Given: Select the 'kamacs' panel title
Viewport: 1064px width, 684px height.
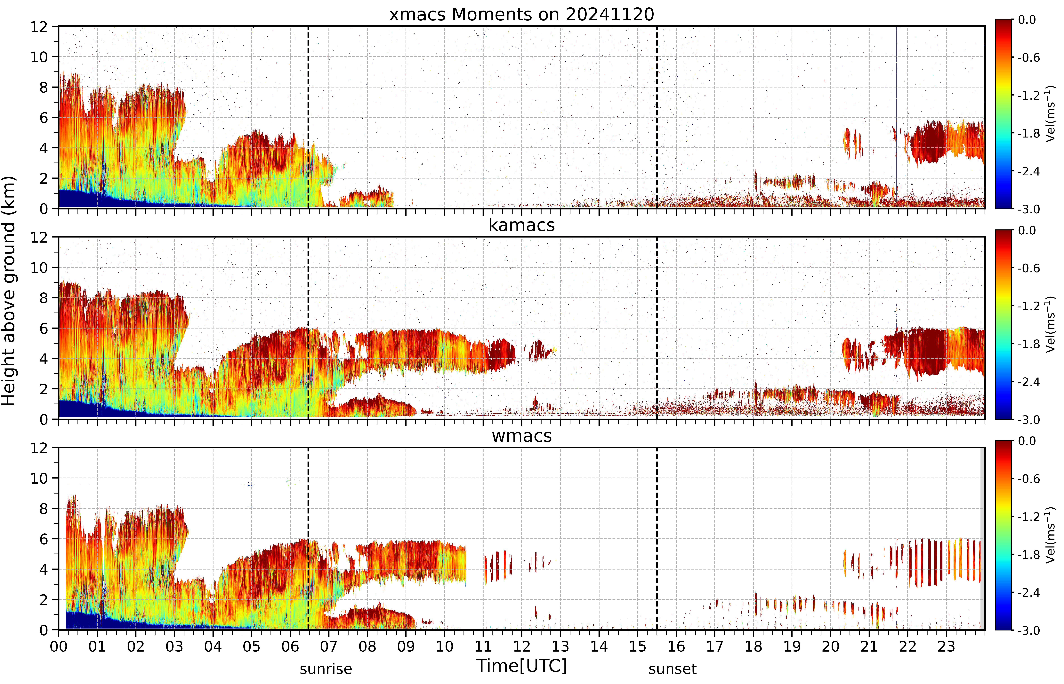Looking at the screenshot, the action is [522, 225].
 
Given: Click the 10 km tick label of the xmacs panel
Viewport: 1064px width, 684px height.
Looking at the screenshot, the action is [39, 57].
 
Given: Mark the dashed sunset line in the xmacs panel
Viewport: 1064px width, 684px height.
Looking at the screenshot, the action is [657, 117].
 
